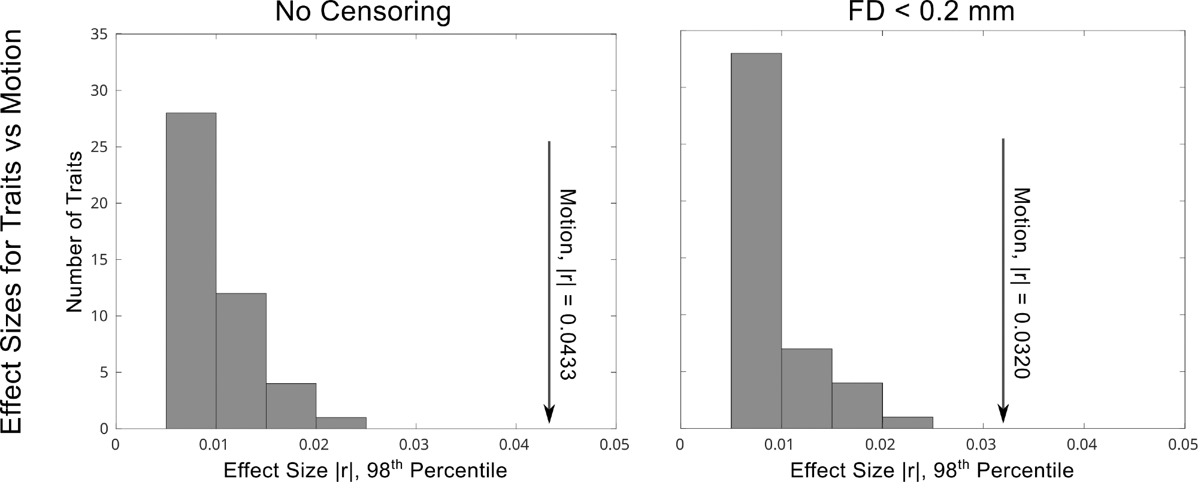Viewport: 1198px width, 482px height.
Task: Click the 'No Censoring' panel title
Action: click(x=362, y=12)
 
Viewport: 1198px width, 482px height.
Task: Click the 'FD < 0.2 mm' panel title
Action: click(x=931, y=12)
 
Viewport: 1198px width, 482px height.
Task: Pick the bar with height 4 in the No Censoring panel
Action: click(x=291, y=406)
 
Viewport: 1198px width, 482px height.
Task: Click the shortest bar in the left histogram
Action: click(x=341, y=423)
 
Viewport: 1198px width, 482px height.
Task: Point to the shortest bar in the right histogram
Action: click(x=907, y=423)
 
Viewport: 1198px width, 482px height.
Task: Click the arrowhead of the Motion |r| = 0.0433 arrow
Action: click(x=549, y=415)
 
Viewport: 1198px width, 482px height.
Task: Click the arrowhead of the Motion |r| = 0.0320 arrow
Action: click(x=1003, y=414)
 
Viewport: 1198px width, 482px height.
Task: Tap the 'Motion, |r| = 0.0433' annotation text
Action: click(x=567, y=284)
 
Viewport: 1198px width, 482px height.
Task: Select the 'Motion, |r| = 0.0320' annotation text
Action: click(x=1021, y=283)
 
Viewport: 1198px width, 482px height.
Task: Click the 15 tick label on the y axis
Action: click(x=99, y=260)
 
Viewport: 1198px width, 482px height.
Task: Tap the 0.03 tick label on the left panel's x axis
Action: click(x=416, y=445)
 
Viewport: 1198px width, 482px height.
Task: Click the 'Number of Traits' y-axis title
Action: click(x=74, y=232)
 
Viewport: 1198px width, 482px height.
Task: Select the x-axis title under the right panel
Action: click(x=931, y=469)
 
